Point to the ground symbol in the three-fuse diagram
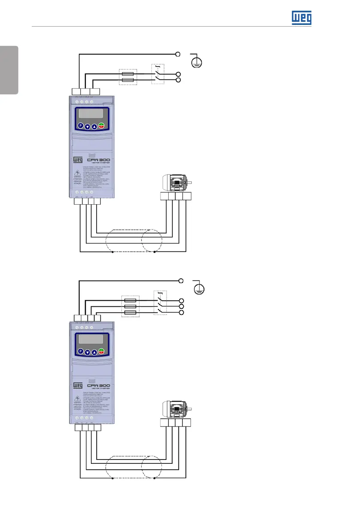(x=200, y=287)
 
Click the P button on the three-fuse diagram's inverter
(x=80, y=351)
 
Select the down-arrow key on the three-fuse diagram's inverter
(x=87, y=352)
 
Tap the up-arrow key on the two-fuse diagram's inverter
(x=94, y=126)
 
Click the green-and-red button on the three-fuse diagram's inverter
(x=101, y=351)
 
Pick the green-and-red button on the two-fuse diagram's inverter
(x=101, y=126)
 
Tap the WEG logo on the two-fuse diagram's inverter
(x=77, y=160)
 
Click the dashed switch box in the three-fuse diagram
(x=160, y=303)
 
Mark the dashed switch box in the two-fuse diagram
(x=158, y=74)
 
